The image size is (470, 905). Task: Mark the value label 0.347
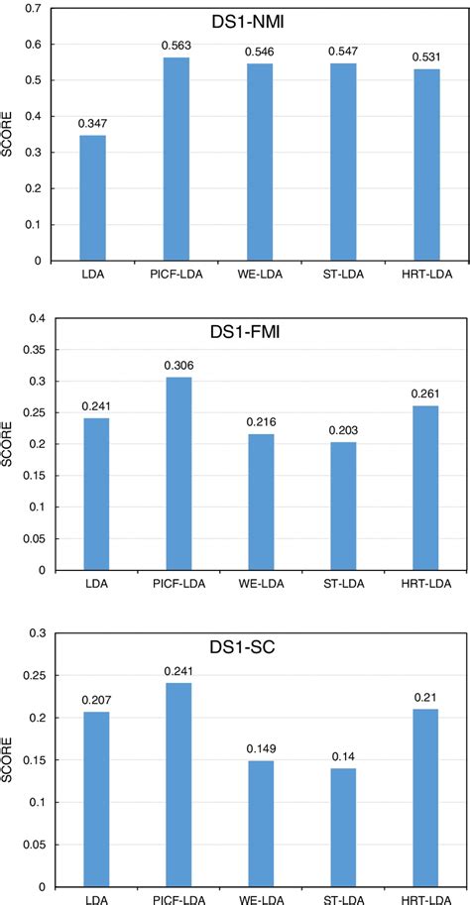pos(93,123)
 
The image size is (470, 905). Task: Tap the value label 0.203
pos(342,430)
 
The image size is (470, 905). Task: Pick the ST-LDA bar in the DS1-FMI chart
pos(342,506)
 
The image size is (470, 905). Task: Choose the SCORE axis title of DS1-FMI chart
pos(11,444)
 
